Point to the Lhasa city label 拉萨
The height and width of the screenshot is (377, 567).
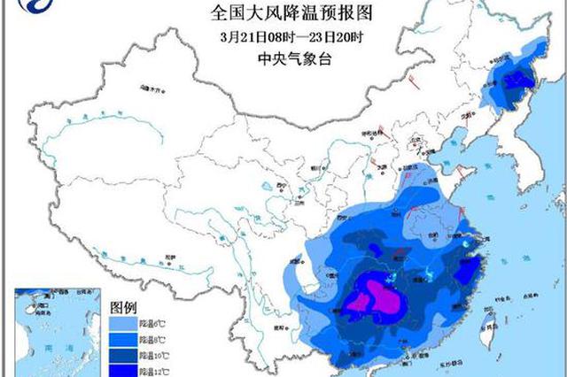[169, 257]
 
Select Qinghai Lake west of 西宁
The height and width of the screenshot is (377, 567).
[267, 189]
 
